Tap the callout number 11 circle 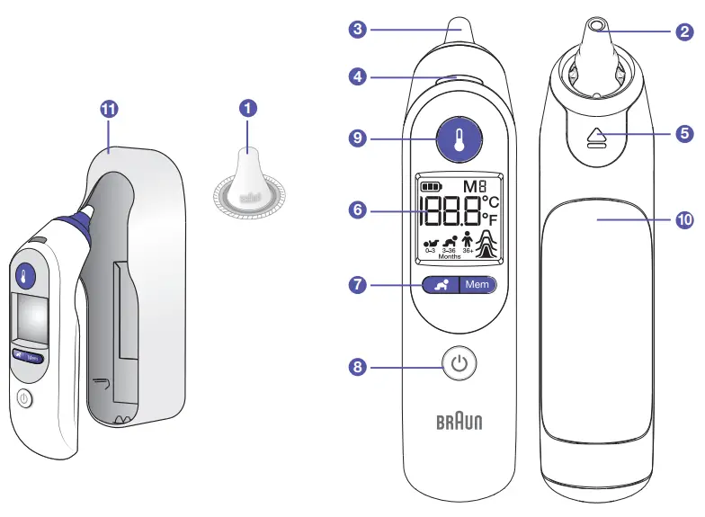109,109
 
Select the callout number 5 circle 684,135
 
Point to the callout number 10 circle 684,218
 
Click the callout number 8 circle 359,367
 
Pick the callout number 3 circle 359,30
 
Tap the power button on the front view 460,364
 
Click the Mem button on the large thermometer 477,284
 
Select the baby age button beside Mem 441,284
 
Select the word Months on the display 450,256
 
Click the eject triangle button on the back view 596,136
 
